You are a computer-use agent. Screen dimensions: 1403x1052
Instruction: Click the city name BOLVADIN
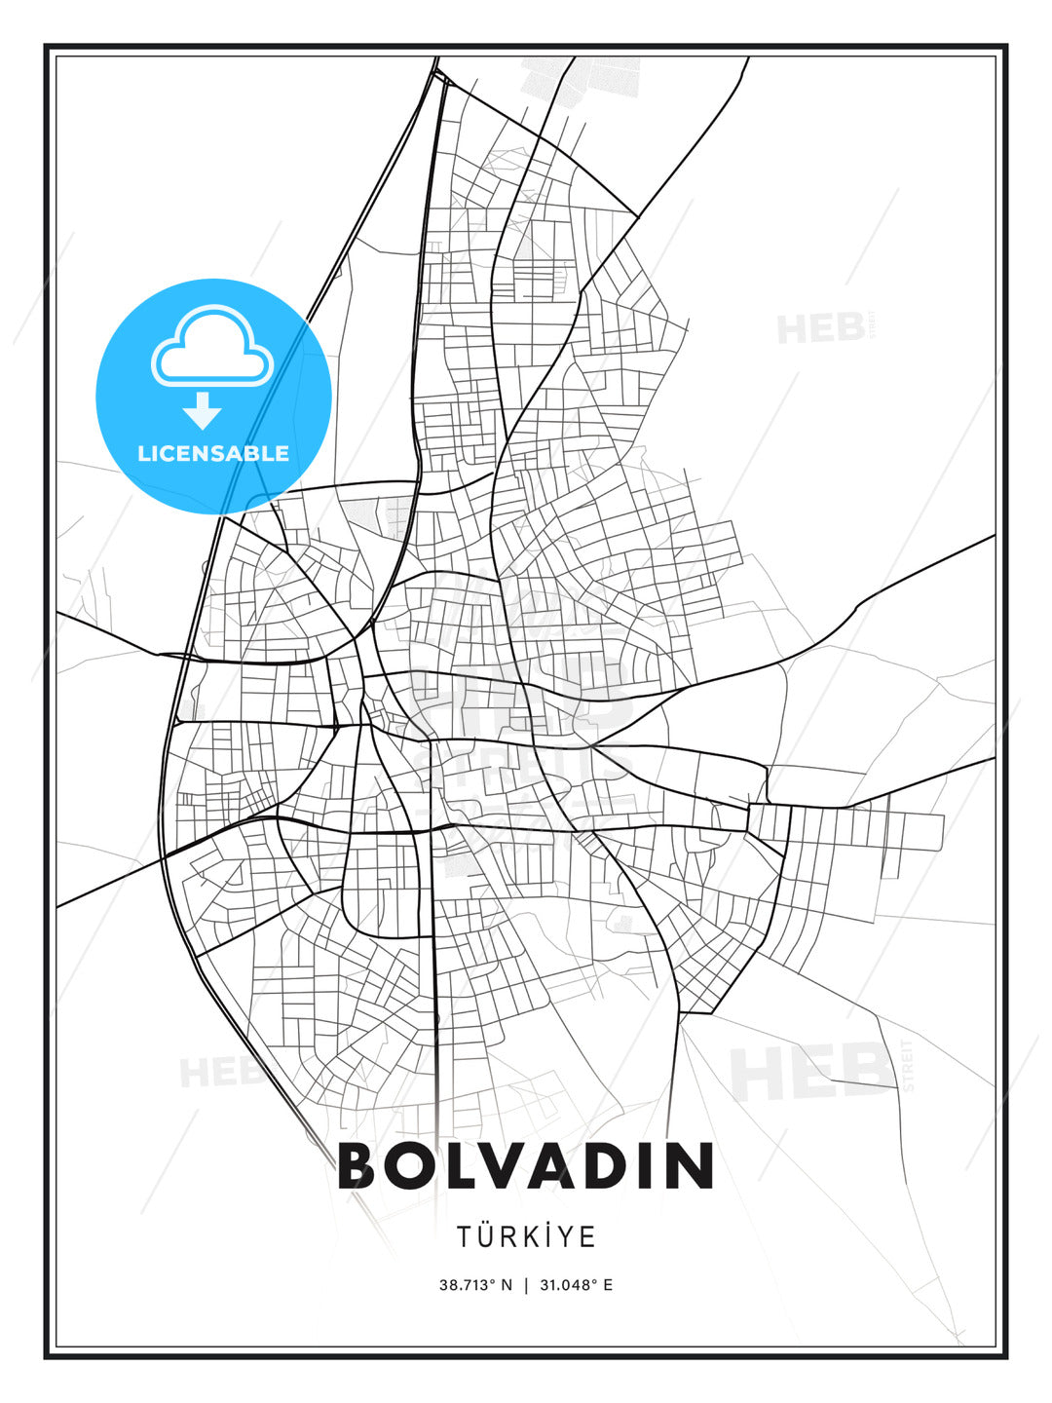click(526, 1165)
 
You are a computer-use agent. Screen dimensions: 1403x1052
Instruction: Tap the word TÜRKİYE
click(526, 1236)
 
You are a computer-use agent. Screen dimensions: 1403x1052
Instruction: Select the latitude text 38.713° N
click(475, 1285)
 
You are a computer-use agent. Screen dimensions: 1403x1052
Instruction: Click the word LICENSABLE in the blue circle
click(213, 453)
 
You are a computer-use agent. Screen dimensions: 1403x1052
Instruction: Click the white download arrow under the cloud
click(203, 410)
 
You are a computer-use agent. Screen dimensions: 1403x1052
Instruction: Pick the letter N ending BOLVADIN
click(693, 1165)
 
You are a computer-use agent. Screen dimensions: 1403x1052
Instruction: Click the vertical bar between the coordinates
click(526, 1285)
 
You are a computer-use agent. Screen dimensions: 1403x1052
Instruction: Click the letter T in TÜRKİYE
click(466, 1237)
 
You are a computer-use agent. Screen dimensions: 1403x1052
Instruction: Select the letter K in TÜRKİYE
click(532, 1237)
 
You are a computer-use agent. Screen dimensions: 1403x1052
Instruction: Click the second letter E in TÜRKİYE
click(588, 1237)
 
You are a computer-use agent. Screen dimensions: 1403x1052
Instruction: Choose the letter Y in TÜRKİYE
click(568, 1237)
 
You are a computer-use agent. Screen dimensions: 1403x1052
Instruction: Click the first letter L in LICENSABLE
click(144, 453)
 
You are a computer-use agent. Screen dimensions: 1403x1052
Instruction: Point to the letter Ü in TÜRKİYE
click(486, 1236)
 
